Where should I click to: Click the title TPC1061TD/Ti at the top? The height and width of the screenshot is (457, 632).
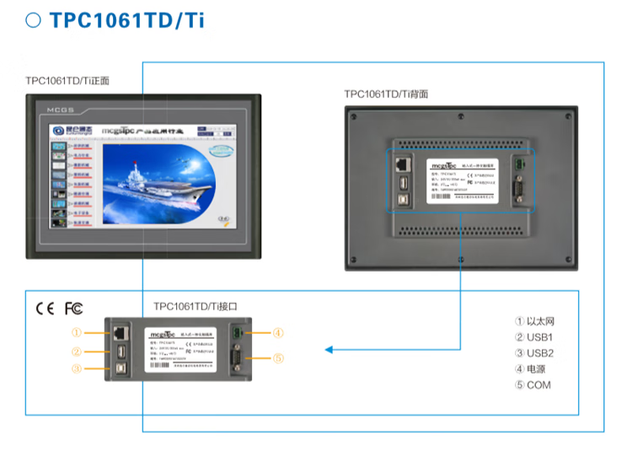(127, 21)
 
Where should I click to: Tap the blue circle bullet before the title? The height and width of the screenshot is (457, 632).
(34, 21)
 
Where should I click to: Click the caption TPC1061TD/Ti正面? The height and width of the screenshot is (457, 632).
(67, 82)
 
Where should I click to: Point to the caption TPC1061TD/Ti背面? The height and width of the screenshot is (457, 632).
(386, 94)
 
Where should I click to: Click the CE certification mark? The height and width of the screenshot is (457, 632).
(45, 308)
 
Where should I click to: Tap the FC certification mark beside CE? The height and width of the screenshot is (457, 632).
(74, 308)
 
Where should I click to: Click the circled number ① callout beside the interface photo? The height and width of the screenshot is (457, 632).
(77, 332)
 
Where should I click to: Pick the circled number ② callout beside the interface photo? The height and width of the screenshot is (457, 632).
(77, 352)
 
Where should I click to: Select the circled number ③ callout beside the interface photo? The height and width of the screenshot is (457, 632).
(77, 368)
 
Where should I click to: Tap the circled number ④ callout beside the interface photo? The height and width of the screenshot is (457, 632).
(278, 332)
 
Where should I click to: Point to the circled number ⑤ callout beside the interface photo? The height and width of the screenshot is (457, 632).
(278, 358)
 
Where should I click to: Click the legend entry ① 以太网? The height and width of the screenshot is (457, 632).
(535, 321)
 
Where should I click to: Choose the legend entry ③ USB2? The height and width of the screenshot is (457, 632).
(534, 353)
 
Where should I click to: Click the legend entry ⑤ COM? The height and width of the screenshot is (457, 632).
(533, 385)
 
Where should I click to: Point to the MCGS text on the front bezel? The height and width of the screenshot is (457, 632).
(62, 110)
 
